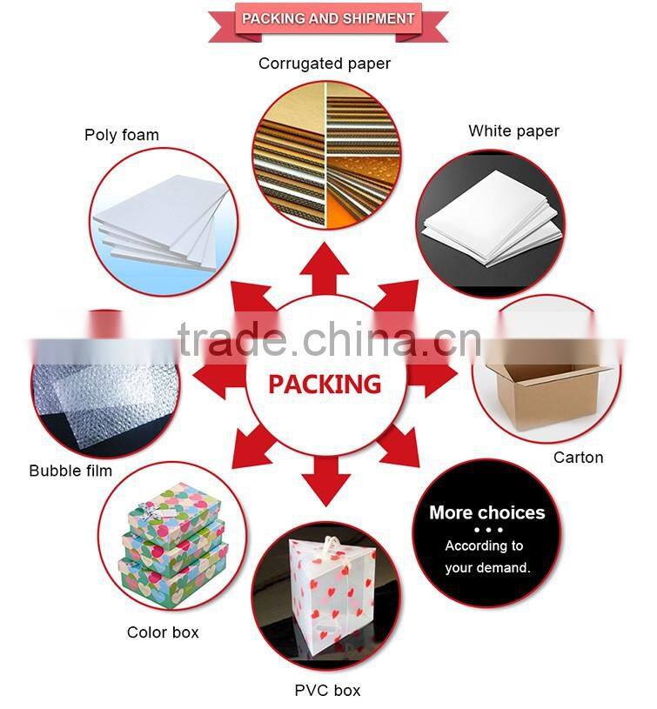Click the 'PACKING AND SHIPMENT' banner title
point(328,18)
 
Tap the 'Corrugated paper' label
point(325,64)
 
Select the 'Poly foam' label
point(122,135)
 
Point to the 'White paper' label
point(513,131)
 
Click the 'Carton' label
point(578,458)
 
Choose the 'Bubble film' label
point(70,471)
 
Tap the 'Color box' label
point(164,632)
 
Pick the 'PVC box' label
point(327,691)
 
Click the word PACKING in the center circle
point(325,384)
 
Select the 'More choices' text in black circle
point(486,512)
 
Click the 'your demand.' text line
point(487,568)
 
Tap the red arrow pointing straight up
point(325,265)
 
